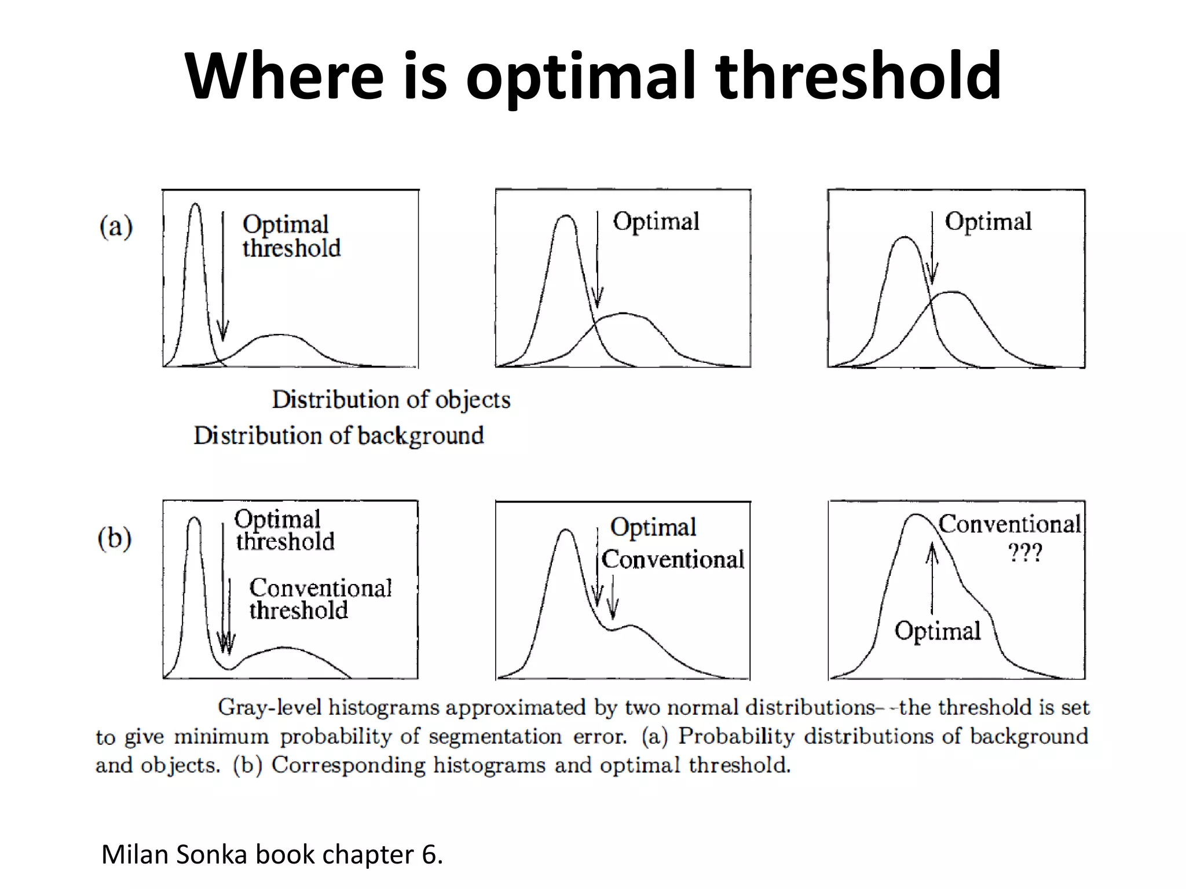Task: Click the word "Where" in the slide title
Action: (284, 76)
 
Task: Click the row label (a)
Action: (116, 226)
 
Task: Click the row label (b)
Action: (115, 538)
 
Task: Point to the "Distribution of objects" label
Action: (391, 400)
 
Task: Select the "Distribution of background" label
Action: (339, 436)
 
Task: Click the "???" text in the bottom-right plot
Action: (1025, 553)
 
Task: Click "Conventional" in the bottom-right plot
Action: (1009, 524)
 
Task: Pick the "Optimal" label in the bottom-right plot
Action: (938, 631)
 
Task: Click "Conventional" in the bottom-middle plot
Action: (673, 560)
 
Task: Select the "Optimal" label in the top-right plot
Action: (988, 222)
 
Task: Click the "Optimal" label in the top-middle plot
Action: (656, 222)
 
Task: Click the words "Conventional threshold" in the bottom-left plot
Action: (320, 599)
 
